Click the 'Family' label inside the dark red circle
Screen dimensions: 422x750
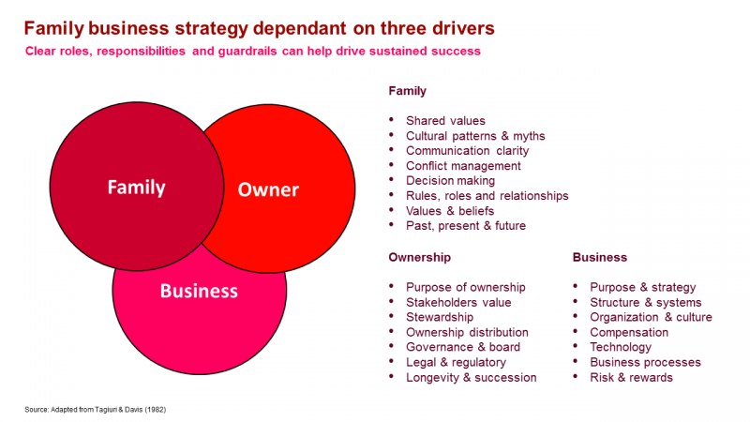click(136, 187)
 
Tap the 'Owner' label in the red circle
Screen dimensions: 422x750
click(268, 189)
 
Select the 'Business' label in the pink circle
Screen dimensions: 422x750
click(199, 290)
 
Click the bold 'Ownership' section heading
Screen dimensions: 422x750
click(420, 257)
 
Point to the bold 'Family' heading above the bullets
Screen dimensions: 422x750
click(408, 91)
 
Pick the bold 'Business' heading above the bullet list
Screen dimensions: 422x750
click(600, 257)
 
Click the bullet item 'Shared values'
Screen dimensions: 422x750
click(445, 121)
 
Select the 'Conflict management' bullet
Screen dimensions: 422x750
click(463, 166)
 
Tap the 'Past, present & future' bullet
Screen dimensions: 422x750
click(466, 226)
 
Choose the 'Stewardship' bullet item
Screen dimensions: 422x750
click(440, 317)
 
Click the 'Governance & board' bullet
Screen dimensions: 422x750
click(463, 347)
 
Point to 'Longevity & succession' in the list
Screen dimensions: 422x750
click(471, 377)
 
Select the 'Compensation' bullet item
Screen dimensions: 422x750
click(629, 332)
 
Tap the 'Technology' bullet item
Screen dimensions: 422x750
click(621, 347)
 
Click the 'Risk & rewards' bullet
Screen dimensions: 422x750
click(631, 377)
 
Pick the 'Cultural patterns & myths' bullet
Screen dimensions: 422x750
click(475, 136)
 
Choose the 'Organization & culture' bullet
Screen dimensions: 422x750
click(651, 317)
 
